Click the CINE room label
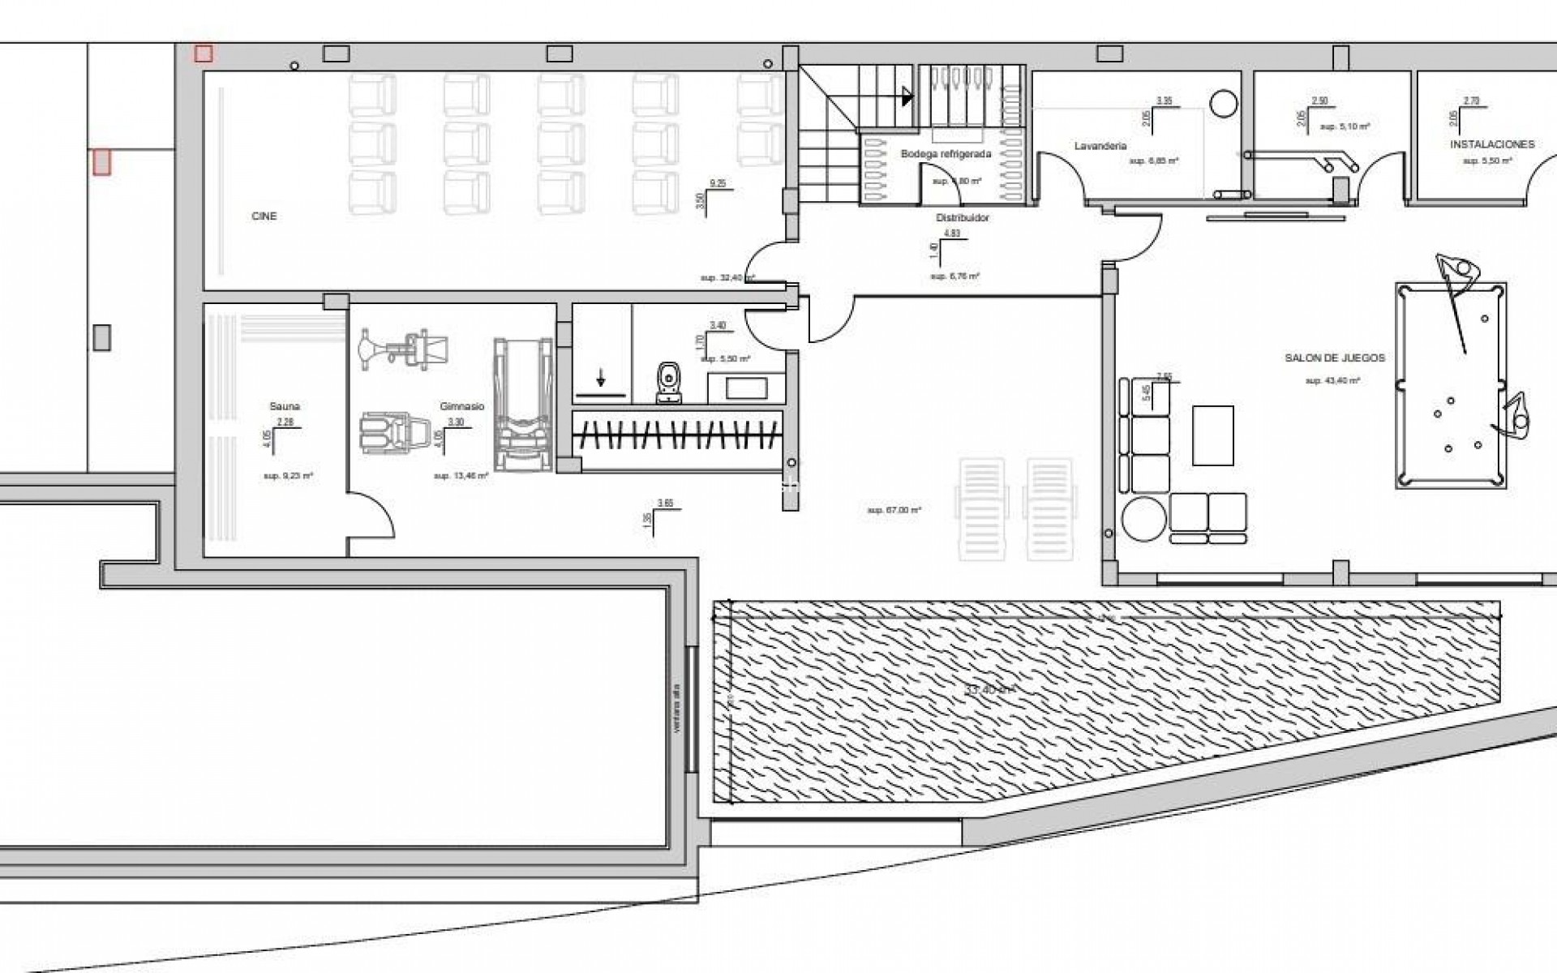(x=264, y=216)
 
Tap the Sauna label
(x=285, y=406)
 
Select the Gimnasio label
(x=461, y=406)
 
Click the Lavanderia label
(x=1100, y=147)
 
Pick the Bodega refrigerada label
(x=946, y=154)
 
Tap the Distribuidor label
(x=963, y=218)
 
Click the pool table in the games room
(x=1451, y=385)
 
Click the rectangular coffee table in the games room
(x=1213, y=435)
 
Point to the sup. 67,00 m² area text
(x=894, y=511)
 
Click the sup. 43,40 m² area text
(x=1332, y=380)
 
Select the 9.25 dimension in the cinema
(x=717, y=184)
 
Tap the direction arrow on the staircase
(x=906, y=97)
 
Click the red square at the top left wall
(x=204, y=54)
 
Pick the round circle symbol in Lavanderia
(x=1224, y=103)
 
